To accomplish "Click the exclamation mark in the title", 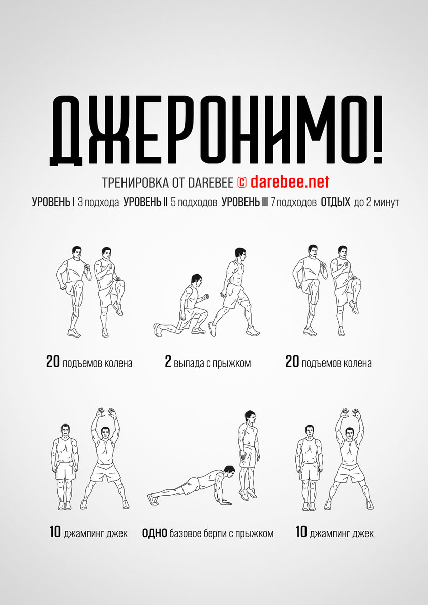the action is point(376,130).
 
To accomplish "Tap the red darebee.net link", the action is point(290,182).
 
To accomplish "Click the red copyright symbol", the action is point(241,183).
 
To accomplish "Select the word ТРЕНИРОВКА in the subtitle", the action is point(136,183).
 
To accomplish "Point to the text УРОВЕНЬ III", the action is point(244,202).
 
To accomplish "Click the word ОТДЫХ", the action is point(335,202).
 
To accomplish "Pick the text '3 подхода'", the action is point(98,202).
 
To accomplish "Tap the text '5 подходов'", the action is point(194,202).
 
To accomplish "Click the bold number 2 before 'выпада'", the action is point(168,361).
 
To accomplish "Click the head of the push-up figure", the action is point(229,472).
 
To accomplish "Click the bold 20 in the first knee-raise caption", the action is point(53,361).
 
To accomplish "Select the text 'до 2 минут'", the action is point(376,202).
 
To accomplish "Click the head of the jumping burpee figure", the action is point(250,419).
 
